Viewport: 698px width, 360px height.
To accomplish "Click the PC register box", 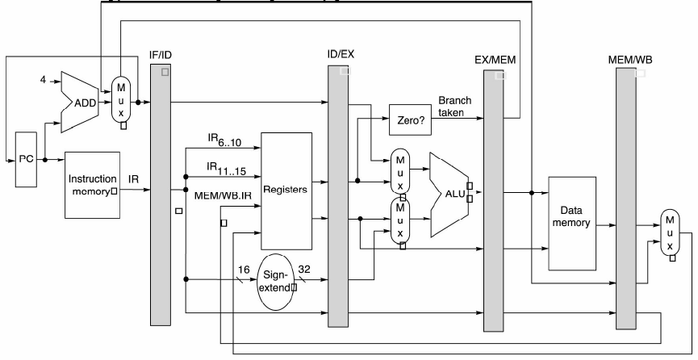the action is (27, 159).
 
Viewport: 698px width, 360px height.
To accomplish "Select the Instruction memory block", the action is (93, 185).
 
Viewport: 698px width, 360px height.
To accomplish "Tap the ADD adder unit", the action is (80, 102).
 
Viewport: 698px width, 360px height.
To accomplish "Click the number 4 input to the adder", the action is (43, 80).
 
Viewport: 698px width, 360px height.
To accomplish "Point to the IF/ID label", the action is (161, 55).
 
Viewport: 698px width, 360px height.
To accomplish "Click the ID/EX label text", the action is (341, 54).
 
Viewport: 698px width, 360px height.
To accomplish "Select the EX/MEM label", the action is (495, 60).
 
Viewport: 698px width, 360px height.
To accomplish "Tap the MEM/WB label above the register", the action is (630, 60).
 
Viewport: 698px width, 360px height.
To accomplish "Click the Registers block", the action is (286, 190).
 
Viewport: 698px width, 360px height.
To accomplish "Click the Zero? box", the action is (411, 119).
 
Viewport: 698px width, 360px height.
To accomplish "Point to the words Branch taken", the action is (454, 107).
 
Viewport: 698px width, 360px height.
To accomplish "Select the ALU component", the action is (449, 195).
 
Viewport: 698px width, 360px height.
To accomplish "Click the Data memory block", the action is (572, 224).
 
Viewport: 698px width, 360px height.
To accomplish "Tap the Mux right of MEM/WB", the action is (670, 232).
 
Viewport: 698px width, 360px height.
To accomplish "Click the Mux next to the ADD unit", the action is (120, 100).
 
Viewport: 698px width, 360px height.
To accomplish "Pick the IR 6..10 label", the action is (224, 140).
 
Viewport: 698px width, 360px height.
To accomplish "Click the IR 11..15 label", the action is (226, 169).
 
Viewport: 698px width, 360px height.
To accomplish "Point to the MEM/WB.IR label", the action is (223, 195).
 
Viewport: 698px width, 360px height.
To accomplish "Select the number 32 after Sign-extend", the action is (304, 269).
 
